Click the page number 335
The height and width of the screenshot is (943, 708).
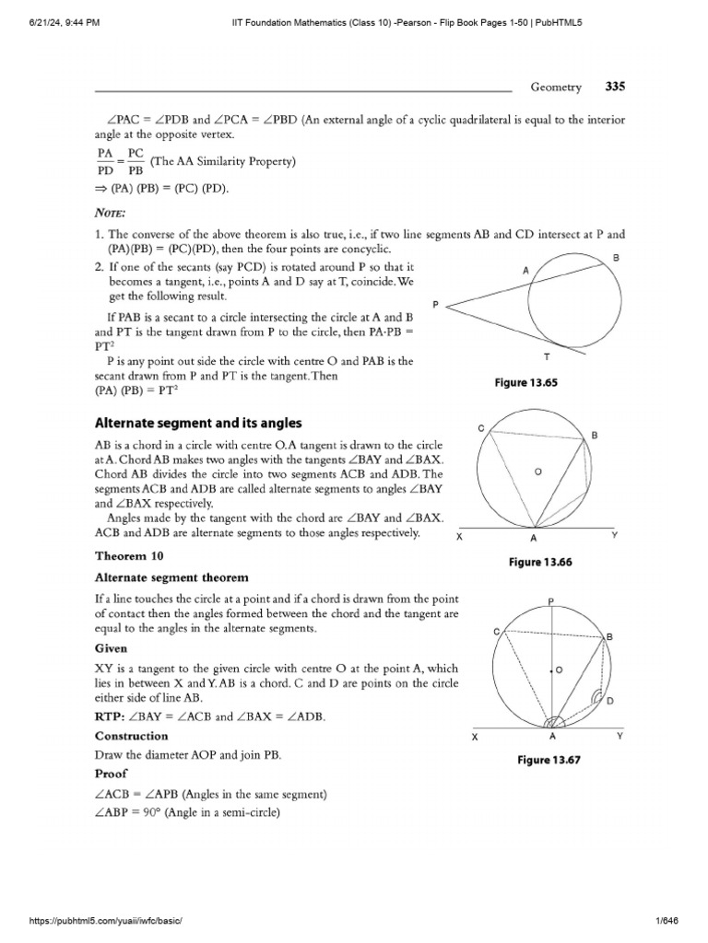tap(615, 87)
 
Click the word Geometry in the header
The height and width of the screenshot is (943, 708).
tap(556, 87)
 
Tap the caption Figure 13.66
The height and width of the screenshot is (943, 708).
tap(539, 562)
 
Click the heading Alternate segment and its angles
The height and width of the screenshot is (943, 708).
tap(198, 423)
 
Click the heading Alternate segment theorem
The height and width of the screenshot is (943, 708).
tap(171, 577)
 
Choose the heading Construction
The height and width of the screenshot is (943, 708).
tap(132, 736)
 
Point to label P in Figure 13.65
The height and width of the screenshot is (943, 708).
tap(435, 303)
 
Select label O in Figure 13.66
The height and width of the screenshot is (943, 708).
tap(537, 471)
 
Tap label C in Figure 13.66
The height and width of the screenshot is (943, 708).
tap(480, 428)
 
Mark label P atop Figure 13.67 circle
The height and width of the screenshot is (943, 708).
tap(550, 600)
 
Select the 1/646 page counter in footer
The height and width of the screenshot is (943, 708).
tap(679, 922)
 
